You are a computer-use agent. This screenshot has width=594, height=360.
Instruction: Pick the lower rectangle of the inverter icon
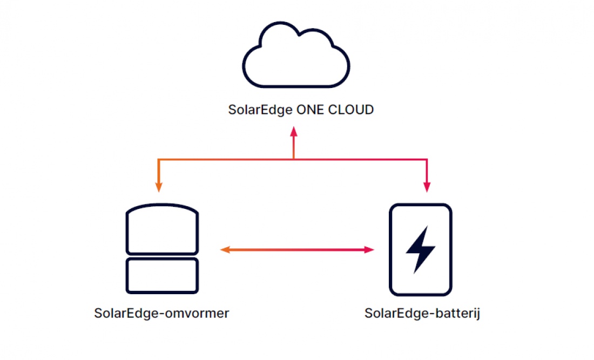[162, 275]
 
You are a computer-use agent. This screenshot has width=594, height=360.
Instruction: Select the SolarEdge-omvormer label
[161, 313]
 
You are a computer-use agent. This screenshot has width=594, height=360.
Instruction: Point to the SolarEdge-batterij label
[422, 313]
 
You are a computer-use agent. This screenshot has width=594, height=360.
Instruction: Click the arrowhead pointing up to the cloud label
[293, 132]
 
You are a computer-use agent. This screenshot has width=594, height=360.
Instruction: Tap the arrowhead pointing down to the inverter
[159, 187]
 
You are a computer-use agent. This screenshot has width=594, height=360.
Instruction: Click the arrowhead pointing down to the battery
[427, 187]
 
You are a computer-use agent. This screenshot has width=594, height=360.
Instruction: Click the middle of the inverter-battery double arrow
[298, 249]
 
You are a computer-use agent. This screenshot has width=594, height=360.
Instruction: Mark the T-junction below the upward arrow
[293, 159]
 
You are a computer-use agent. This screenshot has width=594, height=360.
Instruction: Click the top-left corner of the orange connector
[159, 160]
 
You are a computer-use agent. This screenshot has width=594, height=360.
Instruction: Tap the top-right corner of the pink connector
[427, 160]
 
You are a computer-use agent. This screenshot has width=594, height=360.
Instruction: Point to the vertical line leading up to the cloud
[293, 147]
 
